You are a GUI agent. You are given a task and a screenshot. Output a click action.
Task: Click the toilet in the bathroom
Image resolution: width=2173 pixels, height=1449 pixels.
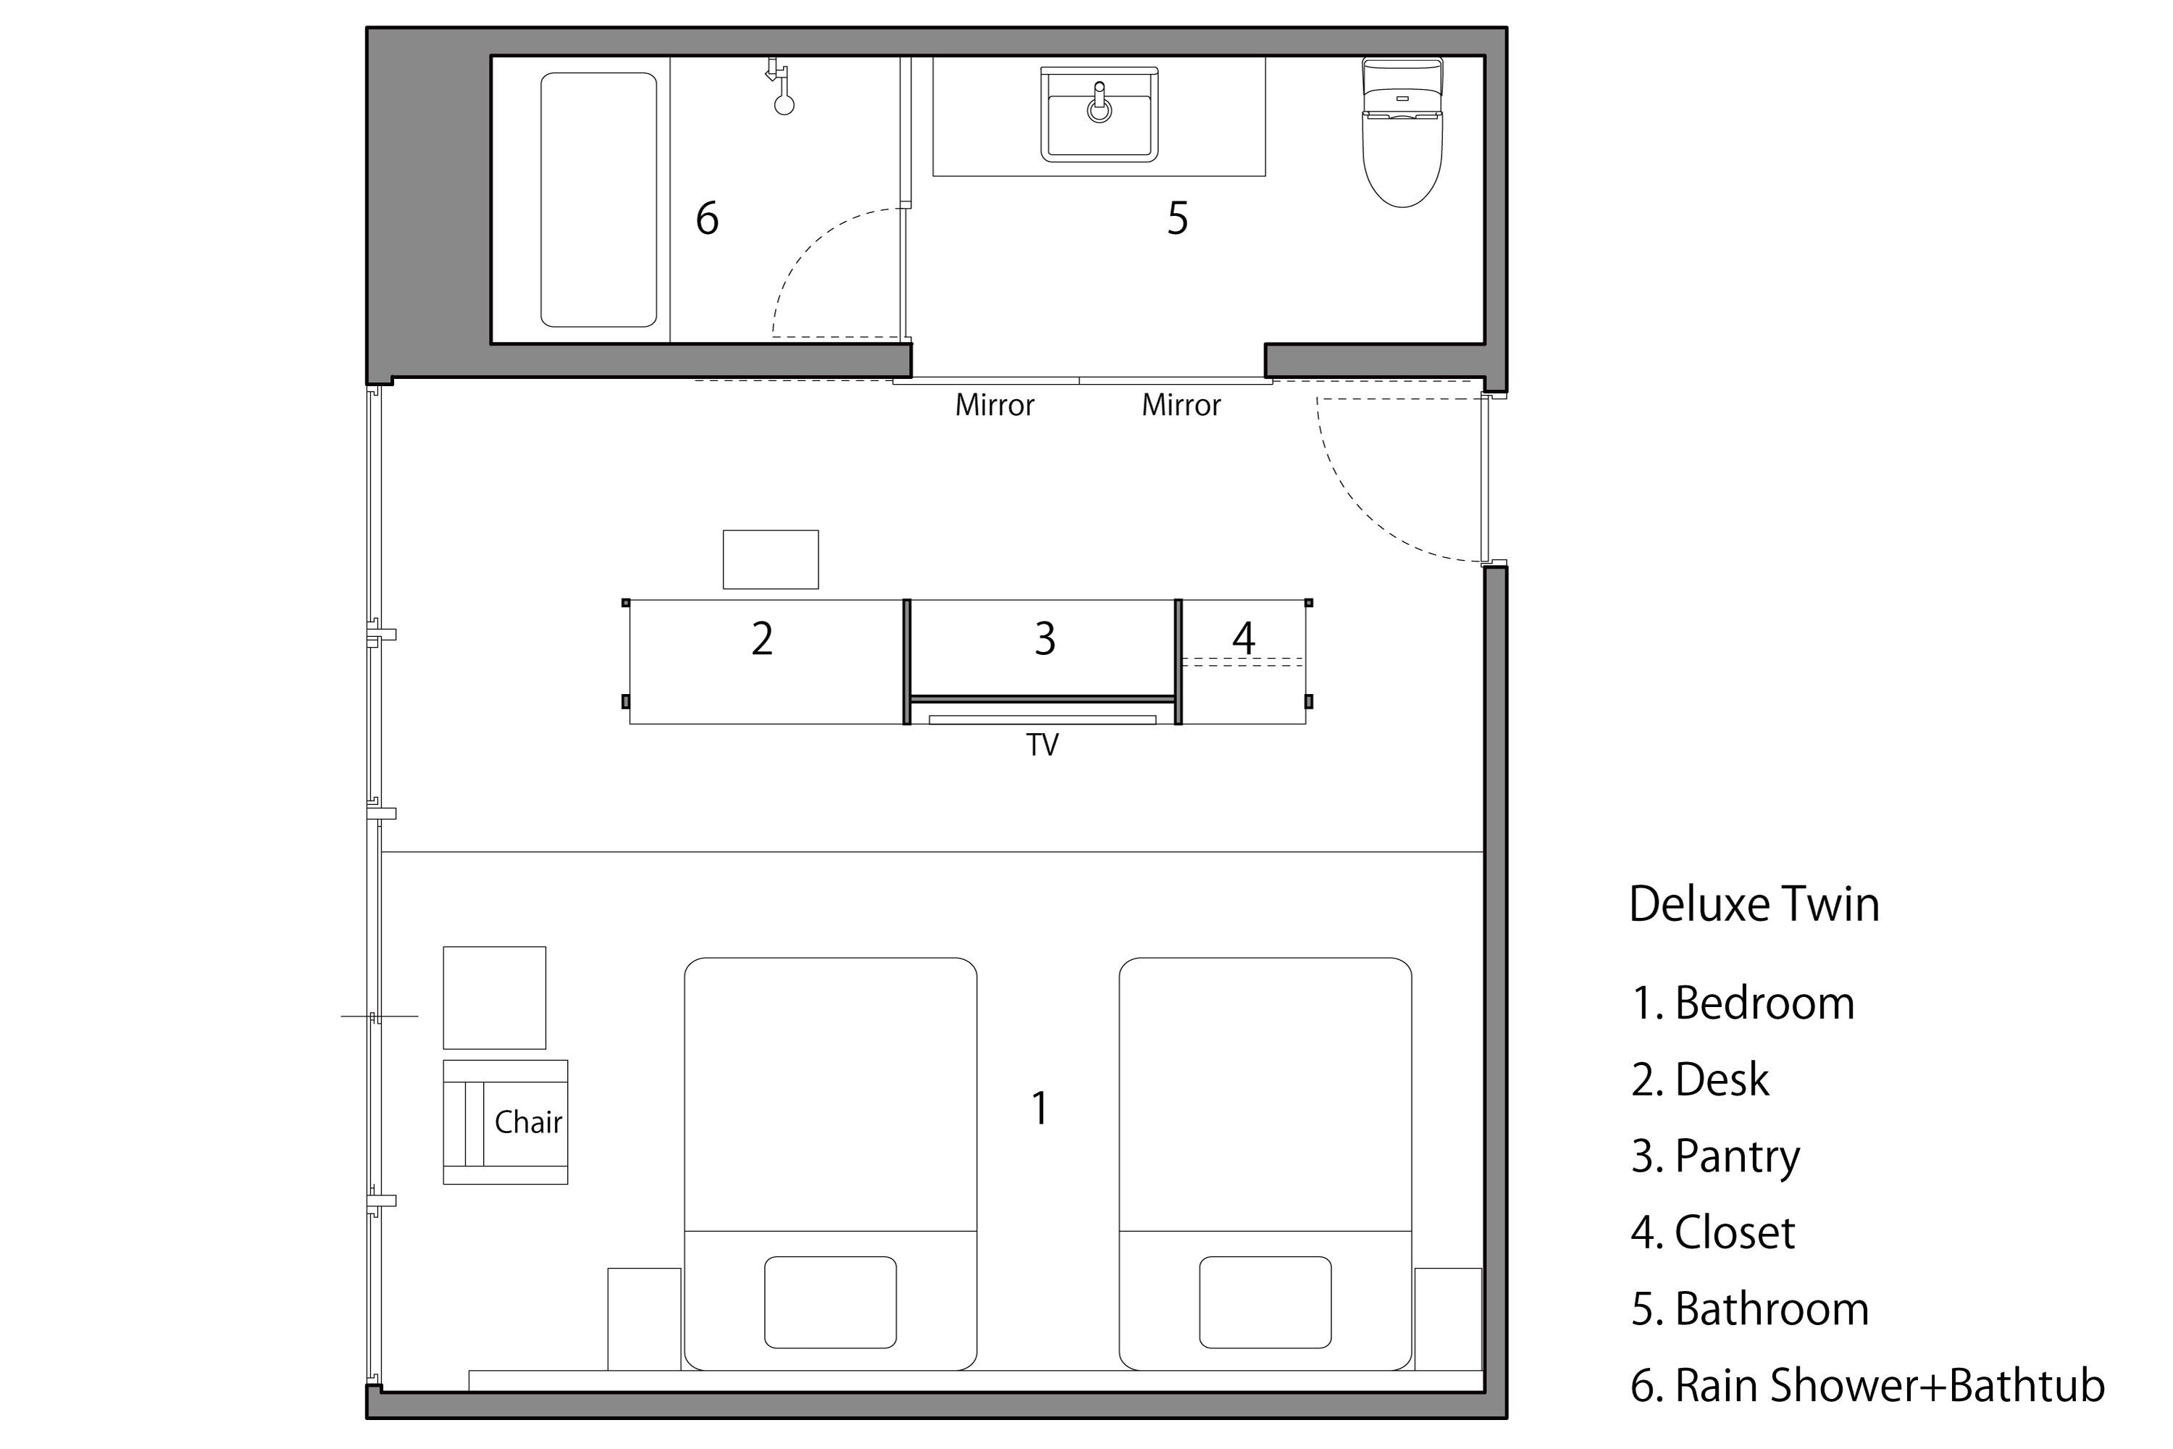point(1402,132)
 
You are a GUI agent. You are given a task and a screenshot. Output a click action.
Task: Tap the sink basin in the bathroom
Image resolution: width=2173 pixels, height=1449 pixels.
point(1099,114)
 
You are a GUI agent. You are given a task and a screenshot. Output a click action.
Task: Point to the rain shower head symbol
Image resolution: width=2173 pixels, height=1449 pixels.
point(782,87)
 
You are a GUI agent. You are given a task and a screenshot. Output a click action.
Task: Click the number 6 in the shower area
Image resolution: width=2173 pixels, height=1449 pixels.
point(707,218)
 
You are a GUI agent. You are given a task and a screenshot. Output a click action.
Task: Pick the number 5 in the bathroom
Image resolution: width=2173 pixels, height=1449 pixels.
point(1177,218)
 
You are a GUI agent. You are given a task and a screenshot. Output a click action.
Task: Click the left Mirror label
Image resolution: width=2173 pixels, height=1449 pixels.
point(994,405)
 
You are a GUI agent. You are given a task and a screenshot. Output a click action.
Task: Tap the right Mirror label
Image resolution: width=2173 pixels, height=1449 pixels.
point(1181,405)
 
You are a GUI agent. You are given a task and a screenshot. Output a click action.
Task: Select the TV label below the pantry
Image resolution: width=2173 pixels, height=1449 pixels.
point(1042,745)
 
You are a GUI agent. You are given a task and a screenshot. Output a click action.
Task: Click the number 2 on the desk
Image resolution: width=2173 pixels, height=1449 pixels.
point(761,638)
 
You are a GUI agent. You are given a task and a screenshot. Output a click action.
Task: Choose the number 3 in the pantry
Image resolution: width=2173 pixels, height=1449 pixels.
point(1045,638)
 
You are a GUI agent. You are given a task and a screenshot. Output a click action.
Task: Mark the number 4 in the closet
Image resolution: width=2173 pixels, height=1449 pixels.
point(1244,638)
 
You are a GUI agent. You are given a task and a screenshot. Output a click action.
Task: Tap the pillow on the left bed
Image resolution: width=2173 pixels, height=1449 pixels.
point(829,1302)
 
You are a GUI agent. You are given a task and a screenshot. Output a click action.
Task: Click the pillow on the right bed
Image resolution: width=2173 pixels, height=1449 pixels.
point(1265,1302)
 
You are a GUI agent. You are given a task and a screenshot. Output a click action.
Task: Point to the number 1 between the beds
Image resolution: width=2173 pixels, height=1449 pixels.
point(1040,1108)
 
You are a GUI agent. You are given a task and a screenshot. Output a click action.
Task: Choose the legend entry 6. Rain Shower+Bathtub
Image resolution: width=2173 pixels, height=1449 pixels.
point(1867,1385)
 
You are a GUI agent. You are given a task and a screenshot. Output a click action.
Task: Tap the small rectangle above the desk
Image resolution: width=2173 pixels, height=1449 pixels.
point(771,559)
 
